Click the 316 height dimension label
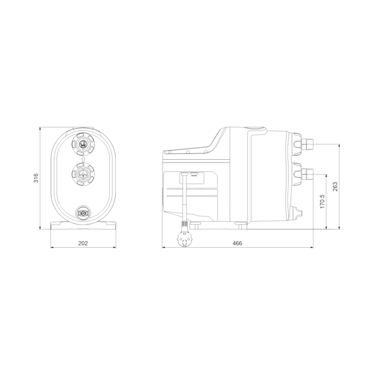tap(36, 178)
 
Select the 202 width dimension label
tap(83, 243)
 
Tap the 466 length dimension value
tap(237, 243)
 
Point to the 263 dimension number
tap(335, 187)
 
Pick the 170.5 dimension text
tap(323, 201)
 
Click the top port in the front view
tap(83, 144)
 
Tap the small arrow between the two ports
tap(83, 159)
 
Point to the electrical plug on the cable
tap(184, 239)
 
